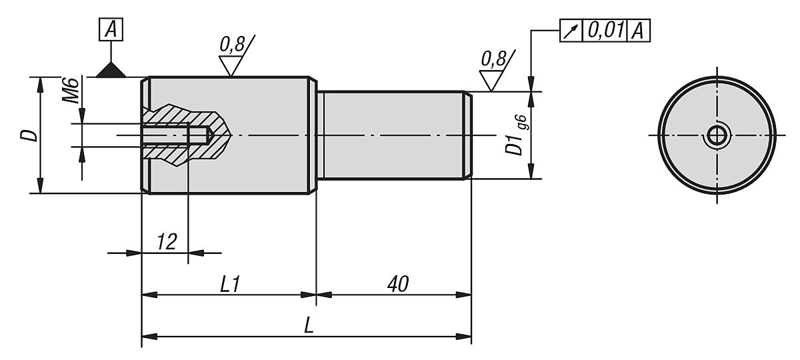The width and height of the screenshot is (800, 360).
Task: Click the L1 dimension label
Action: [x=231, y=284]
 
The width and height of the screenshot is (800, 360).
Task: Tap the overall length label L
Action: [x=309, y=326]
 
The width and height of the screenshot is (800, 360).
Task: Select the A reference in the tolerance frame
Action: [x=639, y=31]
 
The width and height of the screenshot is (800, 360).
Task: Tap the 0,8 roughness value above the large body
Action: [x=231, y=45]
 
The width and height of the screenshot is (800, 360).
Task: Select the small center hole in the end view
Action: [x=717, y=136]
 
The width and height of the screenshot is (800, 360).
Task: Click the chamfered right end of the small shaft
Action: [x=469, y=136]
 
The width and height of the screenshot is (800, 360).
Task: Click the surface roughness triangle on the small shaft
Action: [x=490, y=81]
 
